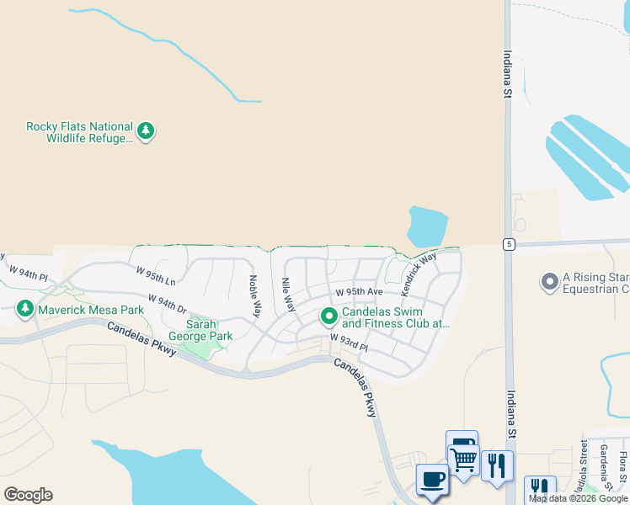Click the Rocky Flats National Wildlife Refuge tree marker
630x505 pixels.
pos(146,131)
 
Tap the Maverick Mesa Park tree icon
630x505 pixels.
pos(25,310)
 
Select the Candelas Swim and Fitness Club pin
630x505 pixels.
pos(329,317)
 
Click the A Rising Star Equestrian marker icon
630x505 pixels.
pos(550,282)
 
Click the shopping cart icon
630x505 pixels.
pos(463,460)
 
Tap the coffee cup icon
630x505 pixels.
pos(432,480)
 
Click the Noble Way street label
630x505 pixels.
pos(254,296)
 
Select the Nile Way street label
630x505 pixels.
pos(288,295)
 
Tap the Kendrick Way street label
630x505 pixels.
pos(419,273)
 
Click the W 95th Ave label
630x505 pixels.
pos(359,292)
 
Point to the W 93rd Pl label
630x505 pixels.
pos(350,342)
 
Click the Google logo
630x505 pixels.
pos(28,495)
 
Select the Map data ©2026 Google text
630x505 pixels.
pos(578,498)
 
